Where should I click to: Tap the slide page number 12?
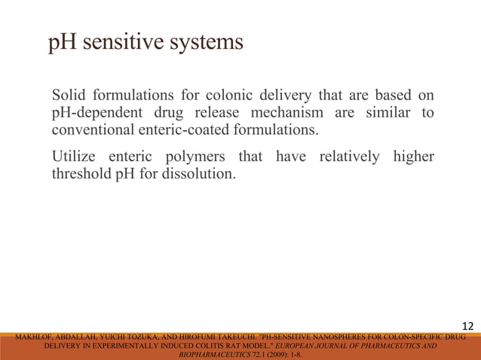click(467, 326)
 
